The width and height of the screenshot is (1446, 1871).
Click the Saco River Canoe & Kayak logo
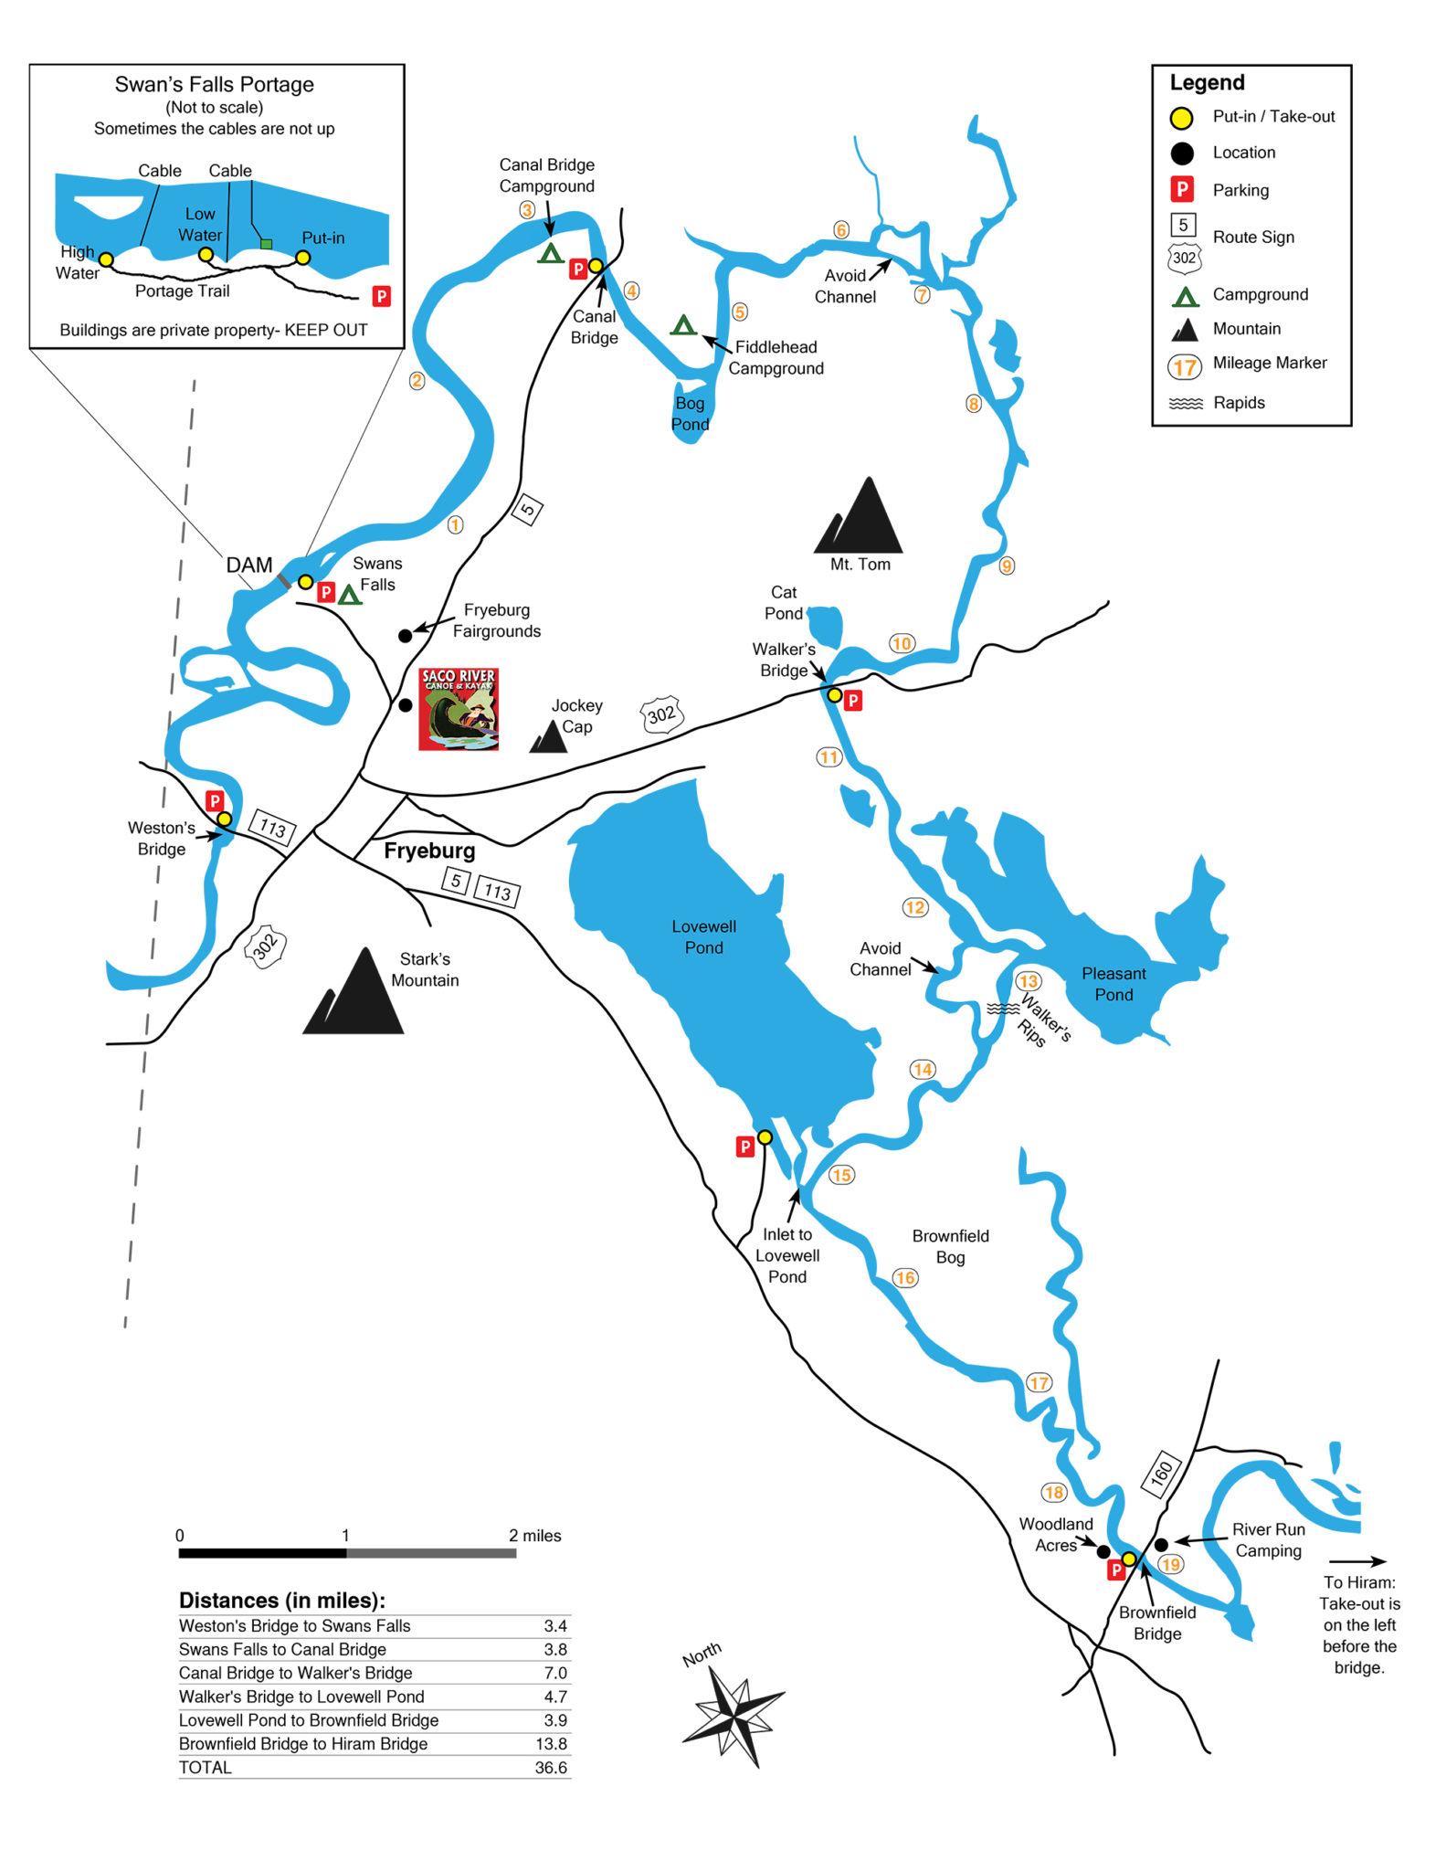pos(459,709)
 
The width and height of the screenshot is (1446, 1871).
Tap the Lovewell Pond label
pos(703,936)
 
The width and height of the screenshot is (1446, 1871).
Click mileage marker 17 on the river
pos(1039,1382)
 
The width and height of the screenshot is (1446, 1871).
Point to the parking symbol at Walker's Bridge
pos(853,701)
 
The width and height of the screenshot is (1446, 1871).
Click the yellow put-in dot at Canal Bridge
pos(596,266)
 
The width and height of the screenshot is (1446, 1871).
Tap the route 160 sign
pos(1161,1473)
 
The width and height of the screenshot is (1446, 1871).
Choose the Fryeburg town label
pos(429,851)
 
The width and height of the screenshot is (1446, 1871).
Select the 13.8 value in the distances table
pos(551,1743)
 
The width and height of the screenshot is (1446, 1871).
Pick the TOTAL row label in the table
pos(206,1767)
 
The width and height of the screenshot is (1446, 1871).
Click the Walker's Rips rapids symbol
pos(1003,1009)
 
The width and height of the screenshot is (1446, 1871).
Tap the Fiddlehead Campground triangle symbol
pos(683,325)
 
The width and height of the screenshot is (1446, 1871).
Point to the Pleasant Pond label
pos(1114,984)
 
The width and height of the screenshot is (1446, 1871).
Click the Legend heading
pos(1207,82)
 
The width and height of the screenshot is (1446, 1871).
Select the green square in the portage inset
pos(266,244)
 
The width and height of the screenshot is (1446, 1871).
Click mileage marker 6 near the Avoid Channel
pos(841,229)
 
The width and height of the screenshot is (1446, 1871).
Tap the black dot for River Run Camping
pos(1161,1544)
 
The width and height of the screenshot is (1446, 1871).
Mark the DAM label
pos(249,565)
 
